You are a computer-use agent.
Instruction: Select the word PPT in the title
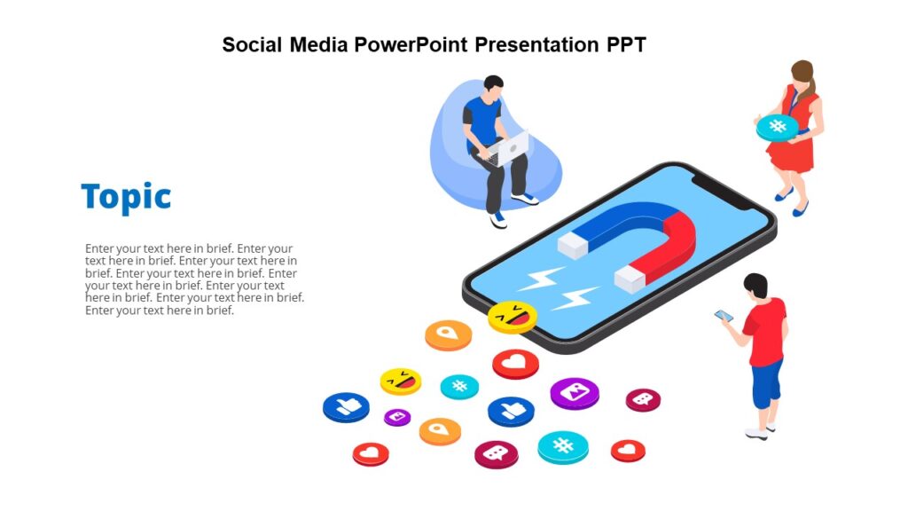(624, 44)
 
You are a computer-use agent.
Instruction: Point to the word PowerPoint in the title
(412, 44)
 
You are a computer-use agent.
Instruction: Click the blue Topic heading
(126, 197)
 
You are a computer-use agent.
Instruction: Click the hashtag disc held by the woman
(777, 127)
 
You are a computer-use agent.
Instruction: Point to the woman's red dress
(792, 146)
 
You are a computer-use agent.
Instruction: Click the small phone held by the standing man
(724, 316)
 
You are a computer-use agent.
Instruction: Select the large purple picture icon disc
(575, 392)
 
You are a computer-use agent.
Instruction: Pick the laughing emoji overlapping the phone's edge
(513, 317)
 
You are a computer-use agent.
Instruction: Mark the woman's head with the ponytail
(802, 75)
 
